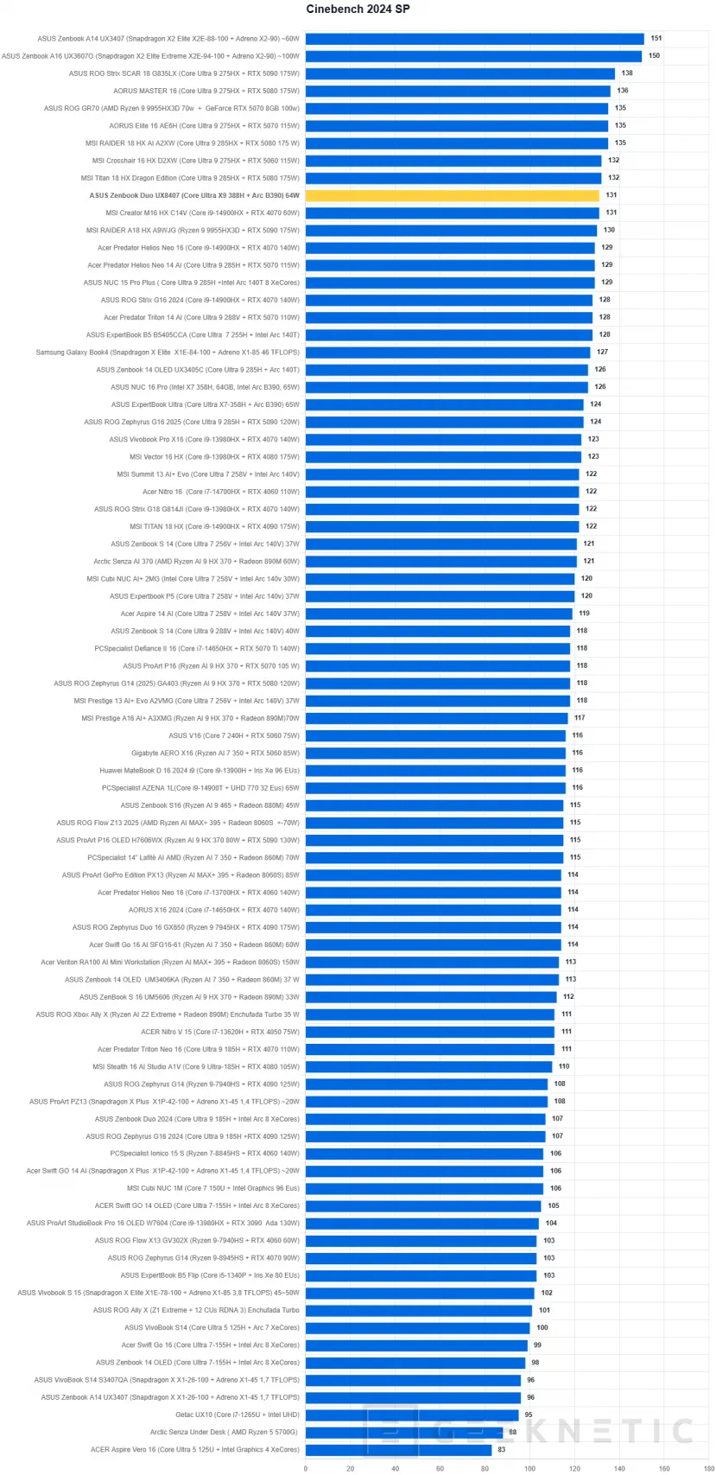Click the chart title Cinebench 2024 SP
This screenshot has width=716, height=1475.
(358, 10)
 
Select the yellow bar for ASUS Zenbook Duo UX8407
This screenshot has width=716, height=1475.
(452, 195)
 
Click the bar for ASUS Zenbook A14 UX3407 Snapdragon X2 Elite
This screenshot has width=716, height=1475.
(474, 39)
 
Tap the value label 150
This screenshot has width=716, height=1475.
(654, 56)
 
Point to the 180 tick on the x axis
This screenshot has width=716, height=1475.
(708, 1467)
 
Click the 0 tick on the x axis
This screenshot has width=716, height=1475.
(306, 1467)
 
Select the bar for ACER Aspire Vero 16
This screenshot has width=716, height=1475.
(398, 1449)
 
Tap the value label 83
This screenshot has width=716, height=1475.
(502, 1449)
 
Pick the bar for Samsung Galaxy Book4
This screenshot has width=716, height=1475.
(447, 353)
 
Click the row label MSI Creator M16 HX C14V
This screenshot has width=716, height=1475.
(203, 213)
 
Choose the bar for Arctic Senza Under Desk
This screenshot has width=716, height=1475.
(404, 1432)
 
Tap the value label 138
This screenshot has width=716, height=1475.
(627, 73)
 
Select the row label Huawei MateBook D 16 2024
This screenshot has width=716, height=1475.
(200, 770)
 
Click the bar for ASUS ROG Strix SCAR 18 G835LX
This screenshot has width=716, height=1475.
(459, 73)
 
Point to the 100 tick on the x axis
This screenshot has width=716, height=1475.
(529, 1467)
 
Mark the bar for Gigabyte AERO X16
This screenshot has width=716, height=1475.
(435, 753)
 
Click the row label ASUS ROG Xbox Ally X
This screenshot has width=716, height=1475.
(168, 1014)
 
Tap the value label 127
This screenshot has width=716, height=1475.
(602, 353)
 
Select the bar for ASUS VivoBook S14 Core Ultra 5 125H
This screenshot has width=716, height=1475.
(417, 1327)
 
